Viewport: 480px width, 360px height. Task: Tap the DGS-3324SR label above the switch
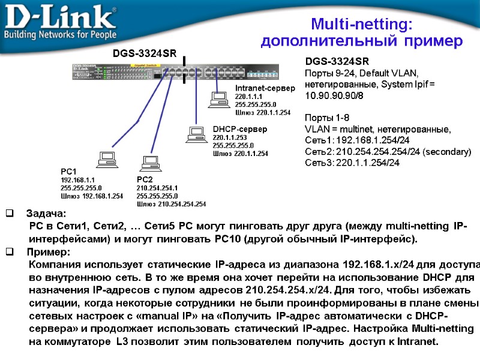(145, 54)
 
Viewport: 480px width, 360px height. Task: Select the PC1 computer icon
(107, 158)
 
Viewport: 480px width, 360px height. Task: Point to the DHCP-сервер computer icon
(195, 134)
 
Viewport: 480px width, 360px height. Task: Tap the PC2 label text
(145, 179)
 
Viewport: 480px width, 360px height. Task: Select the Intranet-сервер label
(265, 89)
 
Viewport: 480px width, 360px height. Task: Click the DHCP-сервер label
(239, 129)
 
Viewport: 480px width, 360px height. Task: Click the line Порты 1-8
(327, 118)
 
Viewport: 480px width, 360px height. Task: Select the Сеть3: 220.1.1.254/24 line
(352, 163)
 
